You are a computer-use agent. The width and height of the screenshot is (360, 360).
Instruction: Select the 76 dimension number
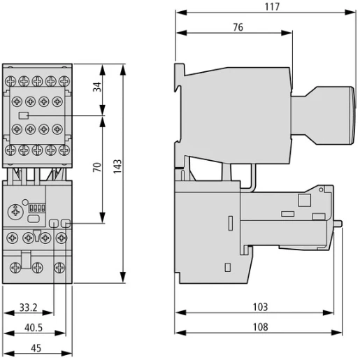[237, 27]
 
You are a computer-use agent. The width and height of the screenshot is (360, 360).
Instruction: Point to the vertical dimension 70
[98, 167]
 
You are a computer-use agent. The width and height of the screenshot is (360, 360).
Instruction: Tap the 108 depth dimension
[259, 325]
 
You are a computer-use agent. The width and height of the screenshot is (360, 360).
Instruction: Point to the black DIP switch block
[37, 208]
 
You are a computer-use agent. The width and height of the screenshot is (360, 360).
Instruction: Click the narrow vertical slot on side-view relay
[229, 226]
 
